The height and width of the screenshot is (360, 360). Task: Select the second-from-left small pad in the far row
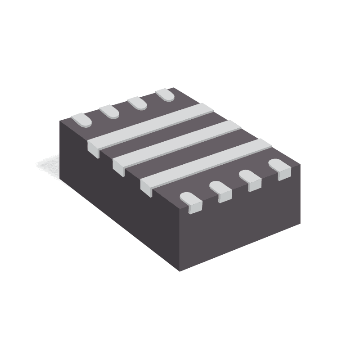coord(109,111)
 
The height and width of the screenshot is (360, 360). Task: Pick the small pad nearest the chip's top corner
coord(165,94)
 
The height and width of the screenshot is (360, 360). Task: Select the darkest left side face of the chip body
coord(117,207)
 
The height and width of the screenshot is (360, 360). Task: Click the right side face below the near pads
coord(243,225)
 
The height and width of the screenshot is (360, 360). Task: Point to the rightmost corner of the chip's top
coord(300,164)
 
